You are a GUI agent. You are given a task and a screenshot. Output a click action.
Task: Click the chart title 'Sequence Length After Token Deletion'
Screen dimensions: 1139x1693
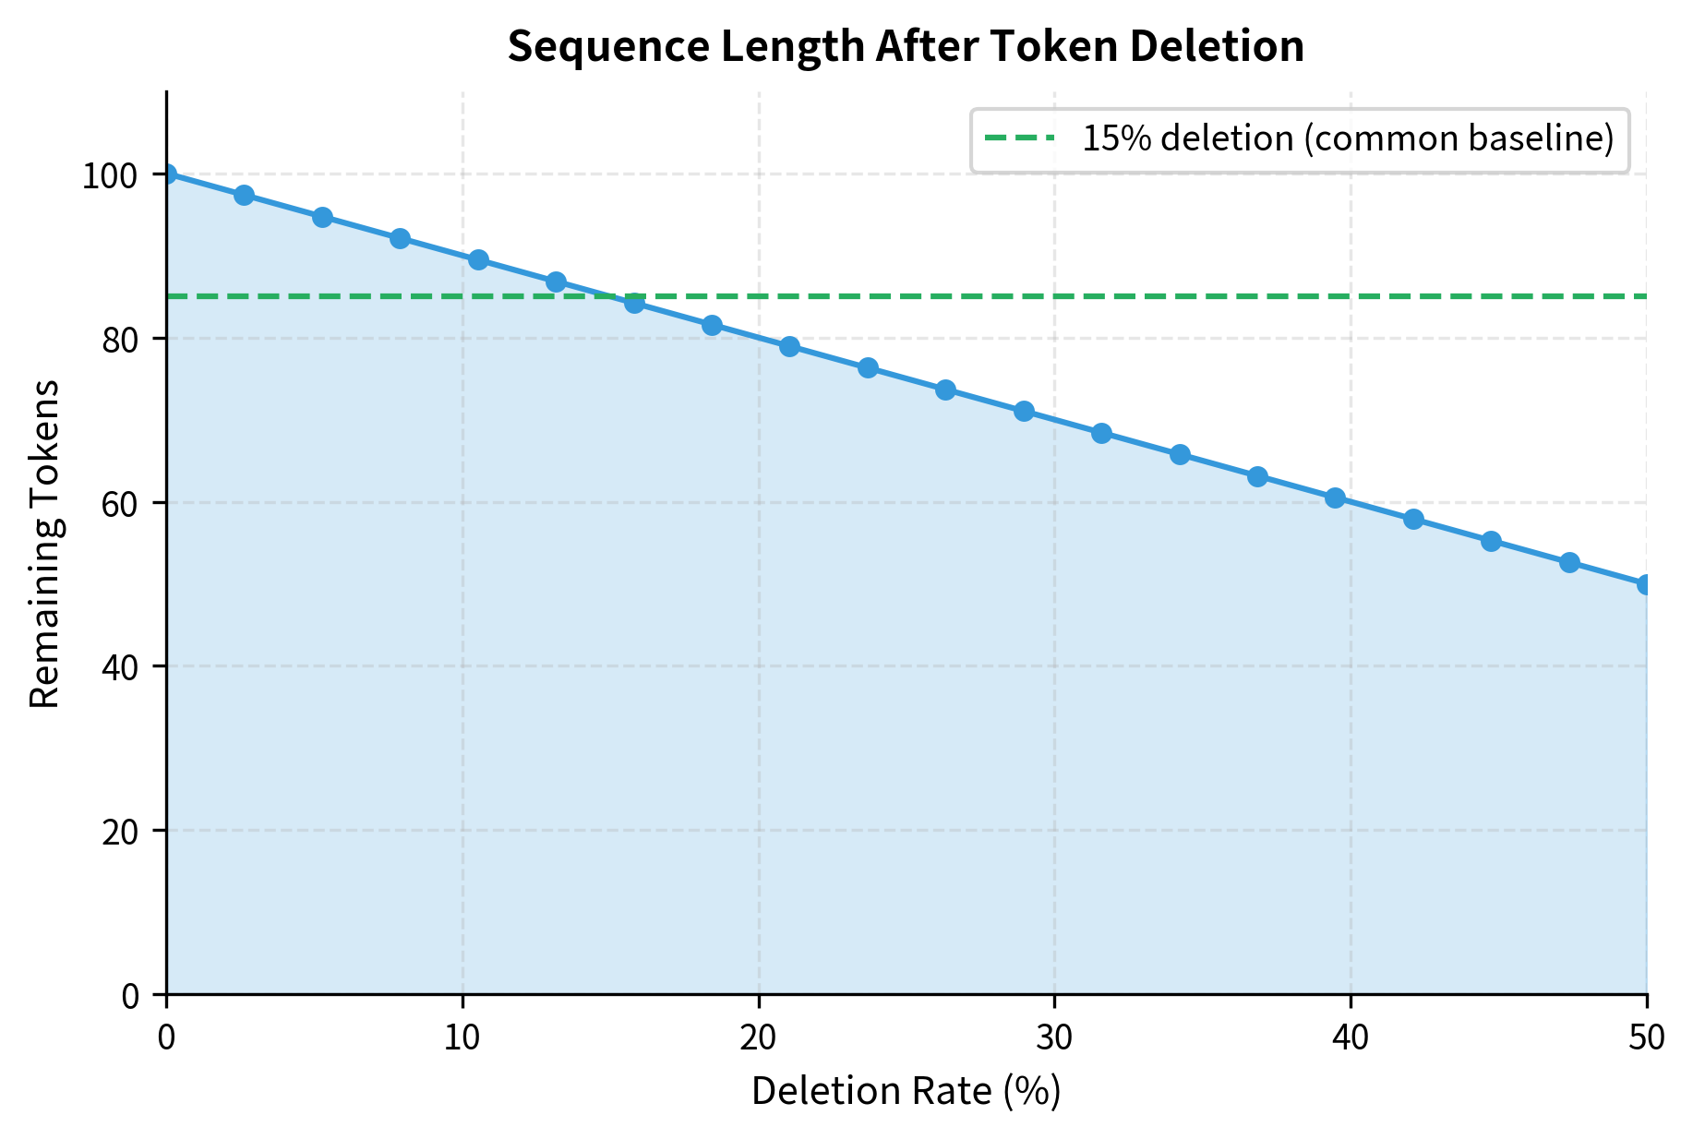coord(906,47)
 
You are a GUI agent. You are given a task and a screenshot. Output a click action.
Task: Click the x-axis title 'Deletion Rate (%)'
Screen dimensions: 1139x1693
coord(906,1091)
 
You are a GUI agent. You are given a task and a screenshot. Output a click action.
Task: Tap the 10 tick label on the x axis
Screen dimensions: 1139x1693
coord(462,1038)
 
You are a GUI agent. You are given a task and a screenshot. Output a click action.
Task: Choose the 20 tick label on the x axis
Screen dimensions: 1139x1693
coord(759,1038)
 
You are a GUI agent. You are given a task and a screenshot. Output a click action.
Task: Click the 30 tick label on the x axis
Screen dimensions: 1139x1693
coord(1054,1038)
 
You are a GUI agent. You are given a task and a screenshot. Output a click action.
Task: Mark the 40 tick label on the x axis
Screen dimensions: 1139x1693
coord(1351,1038)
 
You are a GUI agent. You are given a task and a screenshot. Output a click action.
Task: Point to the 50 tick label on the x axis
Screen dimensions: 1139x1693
coord(1646,1038)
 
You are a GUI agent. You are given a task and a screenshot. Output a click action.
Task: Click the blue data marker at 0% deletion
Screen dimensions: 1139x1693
coord(167,174)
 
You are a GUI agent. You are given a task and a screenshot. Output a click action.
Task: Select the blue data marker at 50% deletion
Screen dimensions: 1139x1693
coord(1646,584)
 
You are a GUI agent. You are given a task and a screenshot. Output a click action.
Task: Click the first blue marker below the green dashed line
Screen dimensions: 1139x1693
coord(634,303)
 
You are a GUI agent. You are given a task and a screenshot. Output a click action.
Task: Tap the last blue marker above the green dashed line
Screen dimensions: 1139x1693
coord(556,282)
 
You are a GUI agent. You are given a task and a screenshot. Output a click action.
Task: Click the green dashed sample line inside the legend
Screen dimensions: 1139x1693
coord(1018,139)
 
